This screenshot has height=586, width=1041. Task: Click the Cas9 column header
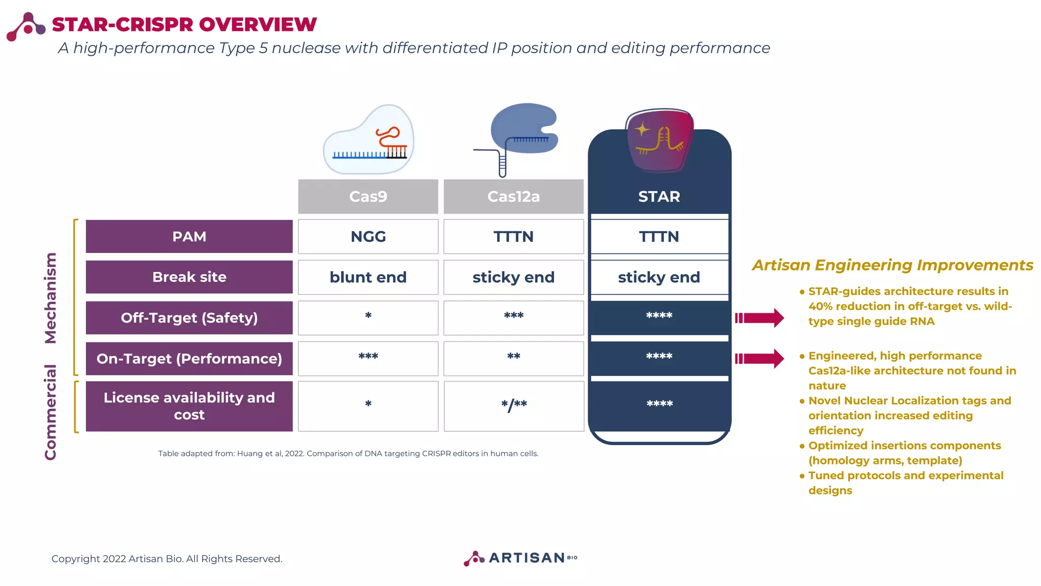point(368,196)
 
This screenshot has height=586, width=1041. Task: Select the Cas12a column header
point(513,196)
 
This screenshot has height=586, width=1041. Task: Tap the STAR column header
point(659,196)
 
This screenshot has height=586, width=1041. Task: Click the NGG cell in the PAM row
point(368,237)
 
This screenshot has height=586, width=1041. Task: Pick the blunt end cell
point(368,277)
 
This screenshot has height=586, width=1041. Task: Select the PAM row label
point(189,237)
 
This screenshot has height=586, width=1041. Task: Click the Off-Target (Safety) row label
point(189,318)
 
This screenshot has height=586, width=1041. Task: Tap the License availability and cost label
point(189,406)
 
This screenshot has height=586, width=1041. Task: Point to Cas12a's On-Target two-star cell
point(513,358)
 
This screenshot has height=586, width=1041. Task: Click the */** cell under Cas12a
point(513,405)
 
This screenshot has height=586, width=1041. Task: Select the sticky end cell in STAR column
point(659,277)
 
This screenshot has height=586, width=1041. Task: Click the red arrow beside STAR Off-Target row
point(759,318)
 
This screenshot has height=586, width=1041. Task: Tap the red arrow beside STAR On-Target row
point(759,359)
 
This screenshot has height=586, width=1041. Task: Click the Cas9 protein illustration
point(369,140)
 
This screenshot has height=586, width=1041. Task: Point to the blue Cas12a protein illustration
point(524,130)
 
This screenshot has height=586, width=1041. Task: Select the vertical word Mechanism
point(50,298)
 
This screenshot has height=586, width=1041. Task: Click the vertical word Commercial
point(50,412)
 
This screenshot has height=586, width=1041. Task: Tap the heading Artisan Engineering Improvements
point(893,265)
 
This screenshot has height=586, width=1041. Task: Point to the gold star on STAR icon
point(642,129)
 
